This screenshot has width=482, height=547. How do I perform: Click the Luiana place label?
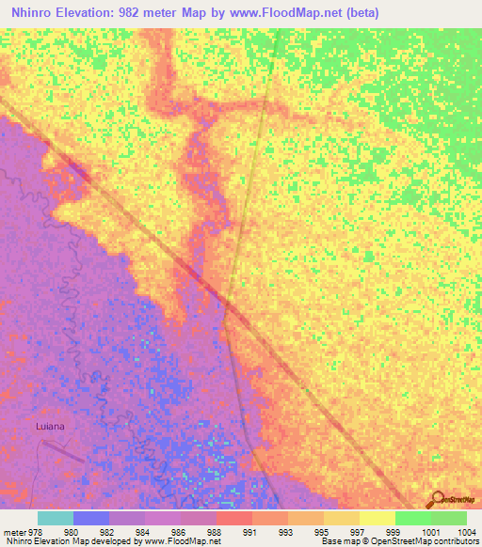[50, 425]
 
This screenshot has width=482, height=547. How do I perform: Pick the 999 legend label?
[378, 531]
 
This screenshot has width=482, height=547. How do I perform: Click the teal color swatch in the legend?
[56, 518]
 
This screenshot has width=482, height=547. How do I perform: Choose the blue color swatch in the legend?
[91, 518]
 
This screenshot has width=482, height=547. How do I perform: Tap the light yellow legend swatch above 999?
[378, 518]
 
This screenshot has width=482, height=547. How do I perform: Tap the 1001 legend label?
[413, 531]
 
